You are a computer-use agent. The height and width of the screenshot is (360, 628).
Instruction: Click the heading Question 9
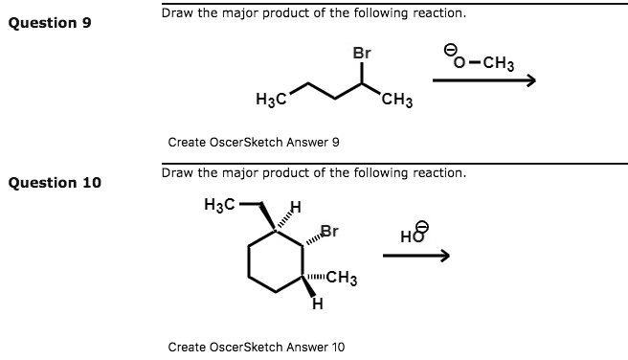(50, 22)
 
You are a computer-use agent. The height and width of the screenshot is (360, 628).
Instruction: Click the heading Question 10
(54, 182)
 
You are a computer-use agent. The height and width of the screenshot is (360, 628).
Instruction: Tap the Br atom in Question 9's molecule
(361, 54)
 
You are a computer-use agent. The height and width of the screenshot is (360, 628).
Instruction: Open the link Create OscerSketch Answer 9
(254, 142)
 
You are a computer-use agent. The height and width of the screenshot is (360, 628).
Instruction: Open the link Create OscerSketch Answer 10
(257, 346)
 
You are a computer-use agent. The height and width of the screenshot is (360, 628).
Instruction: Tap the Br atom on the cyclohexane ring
(329, 231)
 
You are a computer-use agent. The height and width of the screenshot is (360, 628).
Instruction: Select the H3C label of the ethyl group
(221, 203)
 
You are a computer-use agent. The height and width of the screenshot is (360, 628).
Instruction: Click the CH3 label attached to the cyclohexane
(342, 280)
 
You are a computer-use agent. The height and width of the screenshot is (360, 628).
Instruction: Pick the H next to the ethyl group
(296, 208)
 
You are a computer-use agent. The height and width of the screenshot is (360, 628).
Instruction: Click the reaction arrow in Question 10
(415, 256)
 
